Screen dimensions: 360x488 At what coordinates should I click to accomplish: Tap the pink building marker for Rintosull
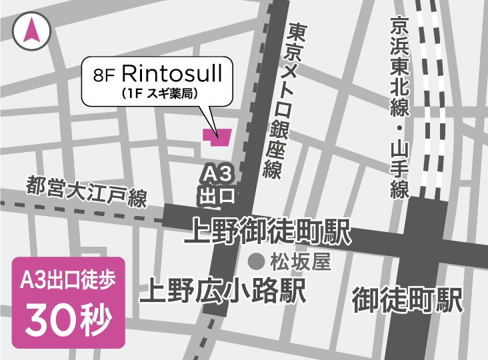(216, 136)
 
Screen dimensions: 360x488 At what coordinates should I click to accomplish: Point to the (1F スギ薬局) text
(157, 93)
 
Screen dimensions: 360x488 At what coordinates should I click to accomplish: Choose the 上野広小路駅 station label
(223, 291)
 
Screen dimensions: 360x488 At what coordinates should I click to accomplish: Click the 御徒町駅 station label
(407, 299)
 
